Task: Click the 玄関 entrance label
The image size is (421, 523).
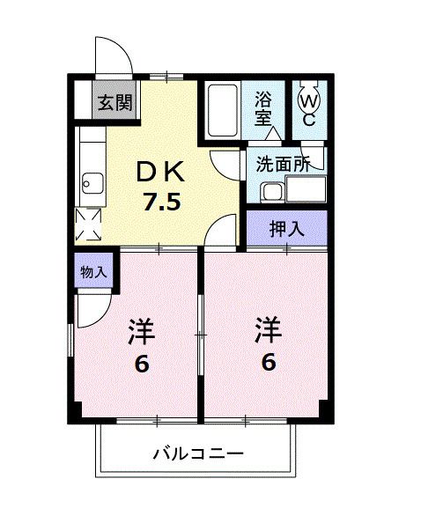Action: pos(114,103)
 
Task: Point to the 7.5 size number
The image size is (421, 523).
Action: pos(163,203)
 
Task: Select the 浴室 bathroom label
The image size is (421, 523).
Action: pos(263,109)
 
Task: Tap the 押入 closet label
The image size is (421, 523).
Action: pos(286,230)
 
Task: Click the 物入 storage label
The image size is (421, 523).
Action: pos(92,272)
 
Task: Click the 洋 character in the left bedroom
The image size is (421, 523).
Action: pos(141,333)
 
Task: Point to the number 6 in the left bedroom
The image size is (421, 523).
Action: pos(141,363)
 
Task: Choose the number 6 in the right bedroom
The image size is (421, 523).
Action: pos(268,361)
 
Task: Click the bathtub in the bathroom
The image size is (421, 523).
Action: pos(224,110)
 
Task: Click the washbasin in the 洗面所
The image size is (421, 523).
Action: pos(273,191)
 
